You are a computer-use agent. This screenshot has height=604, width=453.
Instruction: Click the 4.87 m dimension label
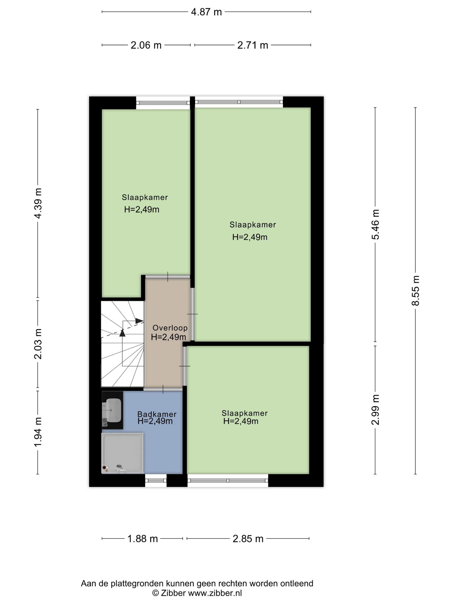(206, 12)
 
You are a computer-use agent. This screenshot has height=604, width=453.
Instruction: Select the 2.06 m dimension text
(146, 45)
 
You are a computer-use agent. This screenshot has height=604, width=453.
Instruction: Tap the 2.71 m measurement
(253, 45)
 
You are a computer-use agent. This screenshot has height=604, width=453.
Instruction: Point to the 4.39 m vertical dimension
(38, 203)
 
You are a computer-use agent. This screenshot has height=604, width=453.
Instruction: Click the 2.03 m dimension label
(38, 344)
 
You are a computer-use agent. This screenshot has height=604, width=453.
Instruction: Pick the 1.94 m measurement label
(38, 433)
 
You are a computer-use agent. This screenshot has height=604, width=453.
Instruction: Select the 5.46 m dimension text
(375, 224)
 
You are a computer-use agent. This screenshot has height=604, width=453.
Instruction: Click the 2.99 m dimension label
(375, 410)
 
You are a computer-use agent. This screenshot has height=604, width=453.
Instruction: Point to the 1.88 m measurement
(142, 539)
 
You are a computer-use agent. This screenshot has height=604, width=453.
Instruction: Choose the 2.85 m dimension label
(248, 539)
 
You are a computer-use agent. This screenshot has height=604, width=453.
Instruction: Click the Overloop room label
(170, 328)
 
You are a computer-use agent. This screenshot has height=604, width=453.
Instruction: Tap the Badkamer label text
(157, 414)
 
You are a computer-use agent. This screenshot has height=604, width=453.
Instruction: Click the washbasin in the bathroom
(114, 410)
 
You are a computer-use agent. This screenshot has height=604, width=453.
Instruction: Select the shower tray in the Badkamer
(122, 453)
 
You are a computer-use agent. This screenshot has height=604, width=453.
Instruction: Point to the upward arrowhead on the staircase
(122, 333)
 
